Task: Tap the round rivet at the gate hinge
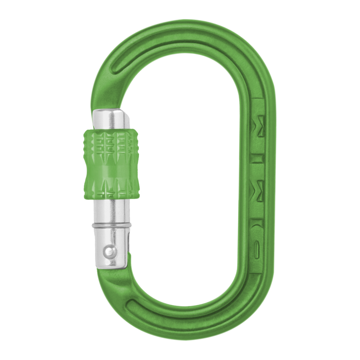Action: coord(109,251)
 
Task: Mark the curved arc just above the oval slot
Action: coord(256,229)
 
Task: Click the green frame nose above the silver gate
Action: coord(107,90)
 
